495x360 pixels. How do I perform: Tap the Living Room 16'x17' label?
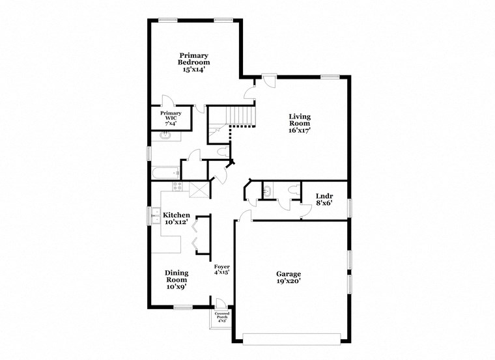(x=300, y=123)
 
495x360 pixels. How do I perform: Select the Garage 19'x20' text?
(x=288, y=278)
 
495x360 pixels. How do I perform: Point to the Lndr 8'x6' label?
(x=324, y=199)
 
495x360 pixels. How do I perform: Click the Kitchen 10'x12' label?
(x=176, y=219)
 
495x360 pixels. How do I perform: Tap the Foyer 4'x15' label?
(x=222, y=270)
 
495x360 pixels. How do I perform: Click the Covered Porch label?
(x=221, y=317)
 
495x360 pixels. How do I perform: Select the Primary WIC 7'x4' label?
(x=171, y=118)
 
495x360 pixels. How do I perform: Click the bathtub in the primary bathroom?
(x=165, y=173)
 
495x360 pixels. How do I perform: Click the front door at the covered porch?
(x=220, y=303)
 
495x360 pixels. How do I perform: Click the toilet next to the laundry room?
(x=294, y=189)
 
